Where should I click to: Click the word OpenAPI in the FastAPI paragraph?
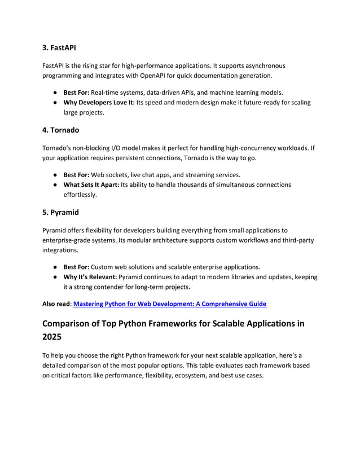pos(163,76)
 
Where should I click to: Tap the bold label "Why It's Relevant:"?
pos(85,277)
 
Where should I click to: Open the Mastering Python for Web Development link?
pos(170,304)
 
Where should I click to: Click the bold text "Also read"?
pos(56,304)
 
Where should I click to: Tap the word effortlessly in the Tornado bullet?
pos(80,195)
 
